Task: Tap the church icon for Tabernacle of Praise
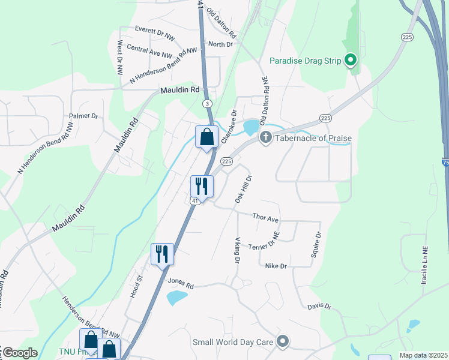click(265, 138)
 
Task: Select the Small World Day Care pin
click(283, 343)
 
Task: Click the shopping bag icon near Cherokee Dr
click(206, 137)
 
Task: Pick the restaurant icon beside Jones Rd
click(162, 254)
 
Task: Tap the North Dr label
click(220, 44)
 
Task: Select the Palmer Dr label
click(83, 115)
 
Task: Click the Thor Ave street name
click(265, 217)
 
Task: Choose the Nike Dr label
click(276, 266)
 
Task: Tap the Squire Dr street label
click(316, 245)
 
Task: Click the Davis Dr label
click(319, 306)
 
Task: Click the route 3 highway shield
click(207, 104)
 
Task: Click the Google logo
click(19, 353)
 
